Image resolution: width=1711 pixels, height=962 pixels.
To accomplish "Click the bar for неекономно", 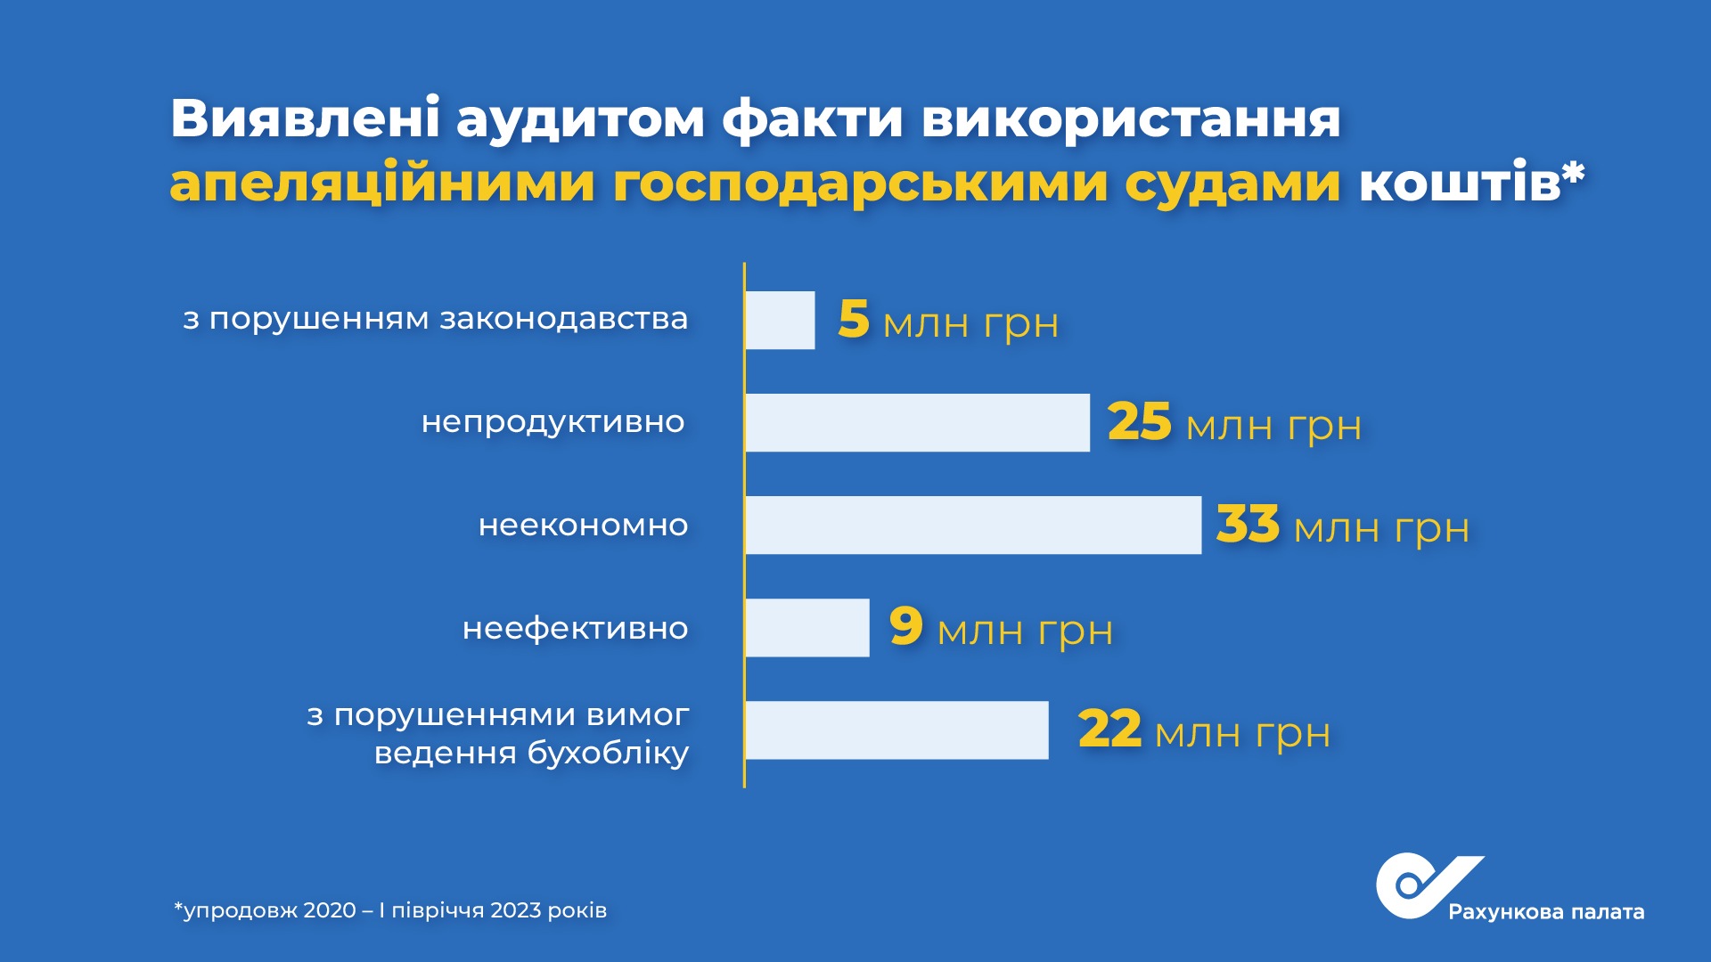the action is pyautogui.click(x=973, y=526).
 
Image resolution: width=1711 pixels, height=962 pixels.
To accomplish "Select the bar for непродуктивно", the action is pyautogui.click(x=918, y=422).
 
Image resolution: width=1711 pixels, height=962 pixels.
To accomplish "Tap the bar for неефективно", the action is pyautogui.click(x=807, y=628).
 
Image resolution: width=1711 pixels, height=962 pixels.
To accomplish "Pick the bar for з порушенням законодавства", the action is pyautogui.click(x=780, y=320).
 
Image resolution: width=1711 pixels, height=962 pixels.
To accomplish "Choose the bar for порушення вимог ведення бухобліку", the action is pyautogui.click(x=896, y=730).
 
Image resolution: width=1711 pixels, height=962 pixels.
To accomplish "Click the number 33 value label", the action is pyautogui.click(x=1248, y=524).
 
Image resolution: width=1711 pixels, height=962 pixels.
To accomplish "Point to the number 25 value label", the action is pyautogui.click(x=1139, y=421).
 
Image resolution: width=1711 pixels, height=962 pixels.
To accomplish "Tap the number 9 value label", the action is pyautogui.click(x=905, y=625).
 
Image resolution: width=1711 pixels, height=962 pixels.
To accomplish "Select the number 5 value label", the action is pyautogui.click(x=853, y=319).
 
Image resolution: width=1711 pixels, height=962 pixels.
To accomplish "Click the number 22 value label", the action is pyautogui.click(x=1109, y=729).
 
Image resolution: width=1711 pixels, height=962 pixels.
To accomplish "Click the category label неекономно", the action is pyautogui.click(x=584, y=526).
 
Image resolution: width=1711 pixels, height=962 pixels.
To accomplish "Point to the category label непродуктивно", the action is pyautogui.click(x=553, y=423).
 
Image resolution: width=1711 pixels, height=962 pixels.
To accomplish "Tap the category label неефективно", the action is pyautogui.click(x=576, y=628).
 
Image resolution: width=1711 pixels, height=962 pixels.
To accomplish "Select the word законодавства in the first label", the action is pyautogui.click(x=564, y=319).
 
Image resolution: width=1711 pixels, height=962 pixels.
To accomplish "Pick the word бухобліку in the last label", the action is pyautogui.click(x=608, y=754).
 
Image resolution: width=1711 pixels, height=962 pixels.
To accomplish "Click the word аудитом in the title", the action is pyautogui.click(x=580, y=120).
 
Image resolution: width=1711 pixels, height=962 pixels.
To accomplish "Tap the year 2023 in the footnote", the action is pyautogui.click(x=516, y=910).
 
